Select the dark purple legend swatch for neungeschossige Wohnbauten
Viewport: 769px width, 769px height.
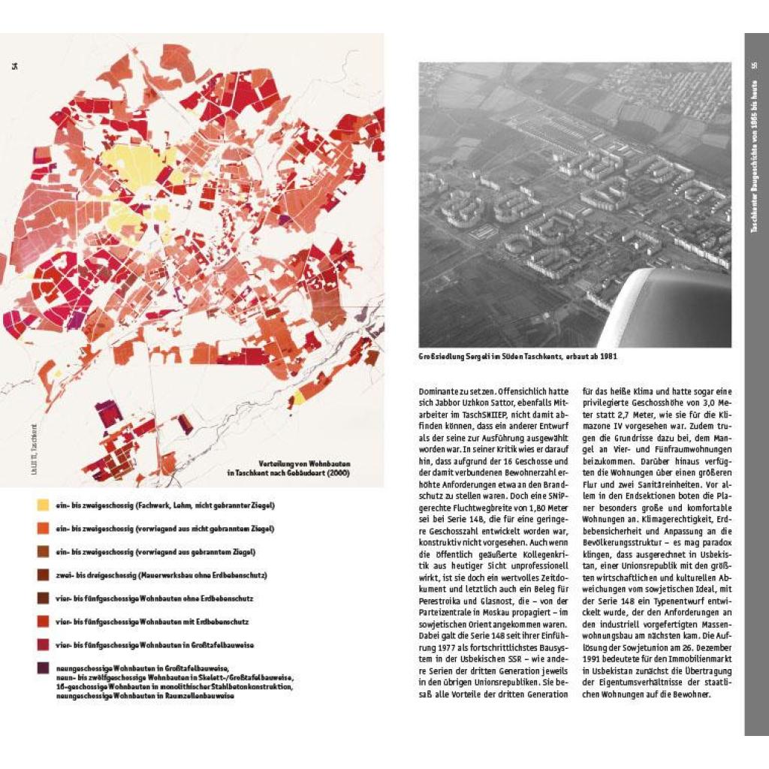43,669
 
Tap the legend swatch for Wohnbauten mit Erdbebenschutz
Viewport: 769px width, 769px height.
43,622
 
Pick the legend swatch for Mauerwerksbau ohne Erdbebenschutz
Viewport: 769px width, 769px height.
43,575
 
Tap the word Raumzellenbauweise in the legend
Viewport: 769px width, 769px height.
199,696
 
